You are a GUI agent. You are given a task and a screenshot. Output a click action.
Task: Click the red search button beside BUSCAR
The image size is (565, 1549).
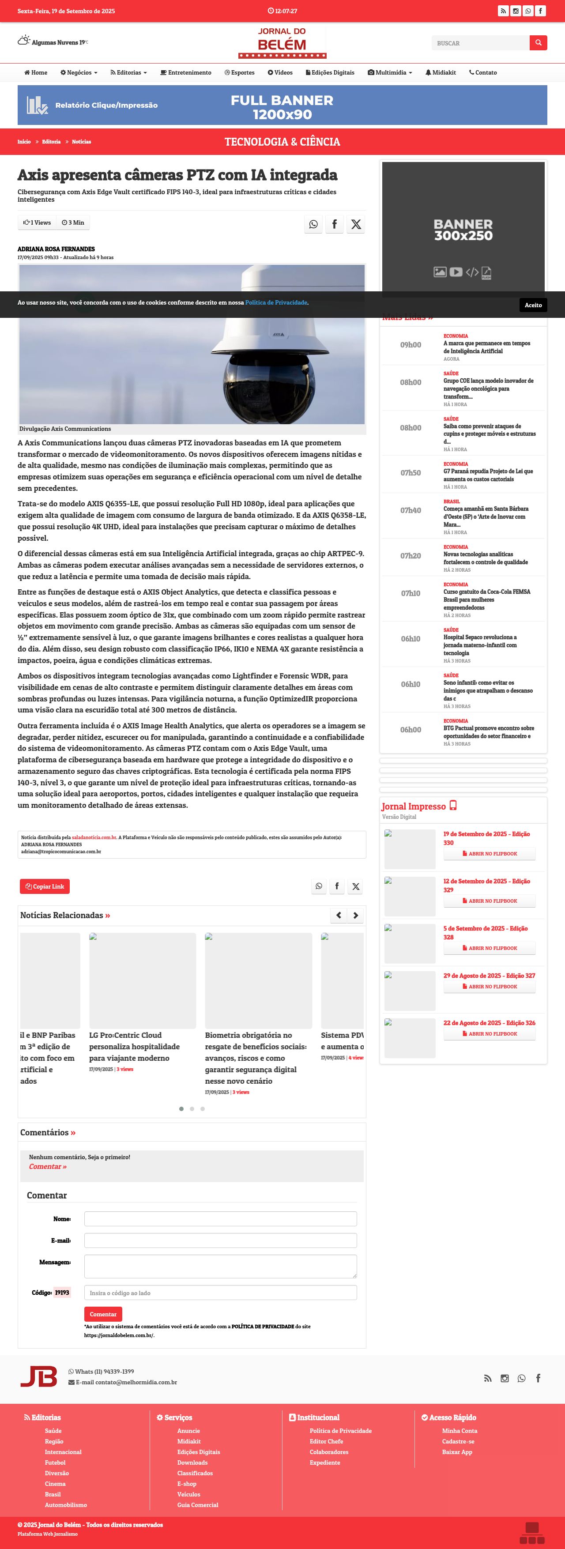tap(538, 43)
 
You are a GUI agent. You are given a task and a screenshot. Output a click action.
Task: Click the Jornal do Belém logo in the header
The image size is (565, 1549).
tap(282, 42)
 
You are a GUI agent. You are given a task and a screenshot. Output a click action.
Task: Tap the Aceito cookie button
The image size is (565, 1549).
tap(532, 305)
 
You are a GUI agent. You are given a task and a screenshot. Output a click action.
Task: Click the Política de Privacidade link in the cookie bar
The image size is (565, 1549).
tap(276, 302)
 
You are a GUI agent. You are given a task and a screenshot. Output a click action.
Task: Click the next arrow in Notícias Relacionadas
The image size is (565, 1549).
tap(356, 915)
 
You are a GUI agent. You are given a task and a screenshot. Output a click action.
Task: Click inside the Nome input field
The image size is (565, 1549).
tap(220, 1219)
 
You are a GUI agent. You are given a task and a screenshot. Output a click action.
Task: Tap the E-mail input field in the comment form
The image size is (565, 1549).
tap(220, 1240)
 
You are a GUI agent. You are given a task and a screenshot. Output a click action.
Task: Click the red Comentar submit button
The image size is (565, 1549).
tap(103, 1314)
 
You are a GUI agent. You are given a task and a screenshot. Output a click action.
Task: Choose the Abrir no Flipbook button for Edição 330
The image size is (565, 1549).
tap(489, 854)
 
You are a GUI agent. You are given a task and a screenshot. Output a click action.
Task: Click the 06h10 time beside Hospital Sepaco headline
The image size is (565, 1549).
tap(411, 639)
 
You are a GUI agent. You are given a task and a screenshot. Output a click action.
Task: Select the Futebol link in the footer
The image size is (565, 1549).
tap(55, 1462)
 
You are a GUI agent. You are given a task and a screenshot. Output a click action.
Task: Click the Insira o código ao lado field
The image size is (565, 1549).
tap(220, 1293)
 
